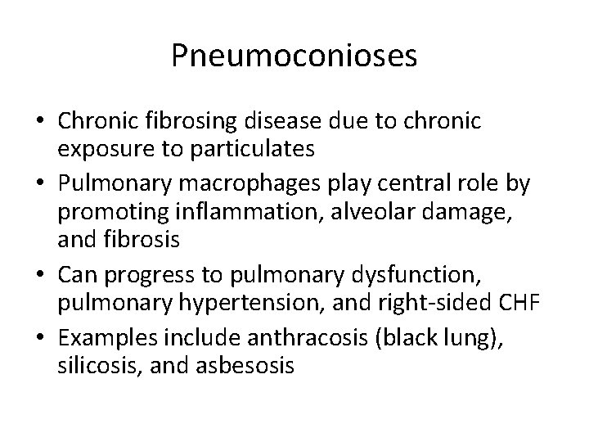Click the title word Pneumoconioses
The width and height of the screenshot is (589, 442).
click(294, 56)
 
